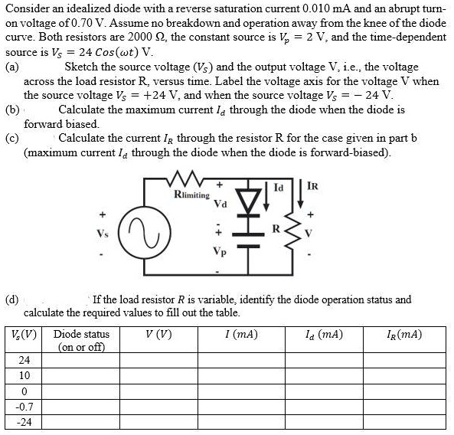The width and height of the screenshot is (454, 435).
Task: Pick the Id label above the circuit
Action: pos(279,186)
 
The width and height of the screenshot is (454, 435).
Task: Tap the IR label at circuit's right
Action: pos(313,186)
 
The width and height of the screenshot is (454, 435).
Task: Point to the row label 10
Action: pos(25,375)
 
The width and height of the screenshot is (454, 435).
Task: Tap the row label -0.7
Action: pos(24,406)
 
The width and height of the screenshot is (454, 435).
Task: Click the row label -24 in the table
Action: pos(24,422)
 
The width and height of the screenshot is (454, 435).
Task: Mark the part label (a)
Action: pos(13,67)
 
